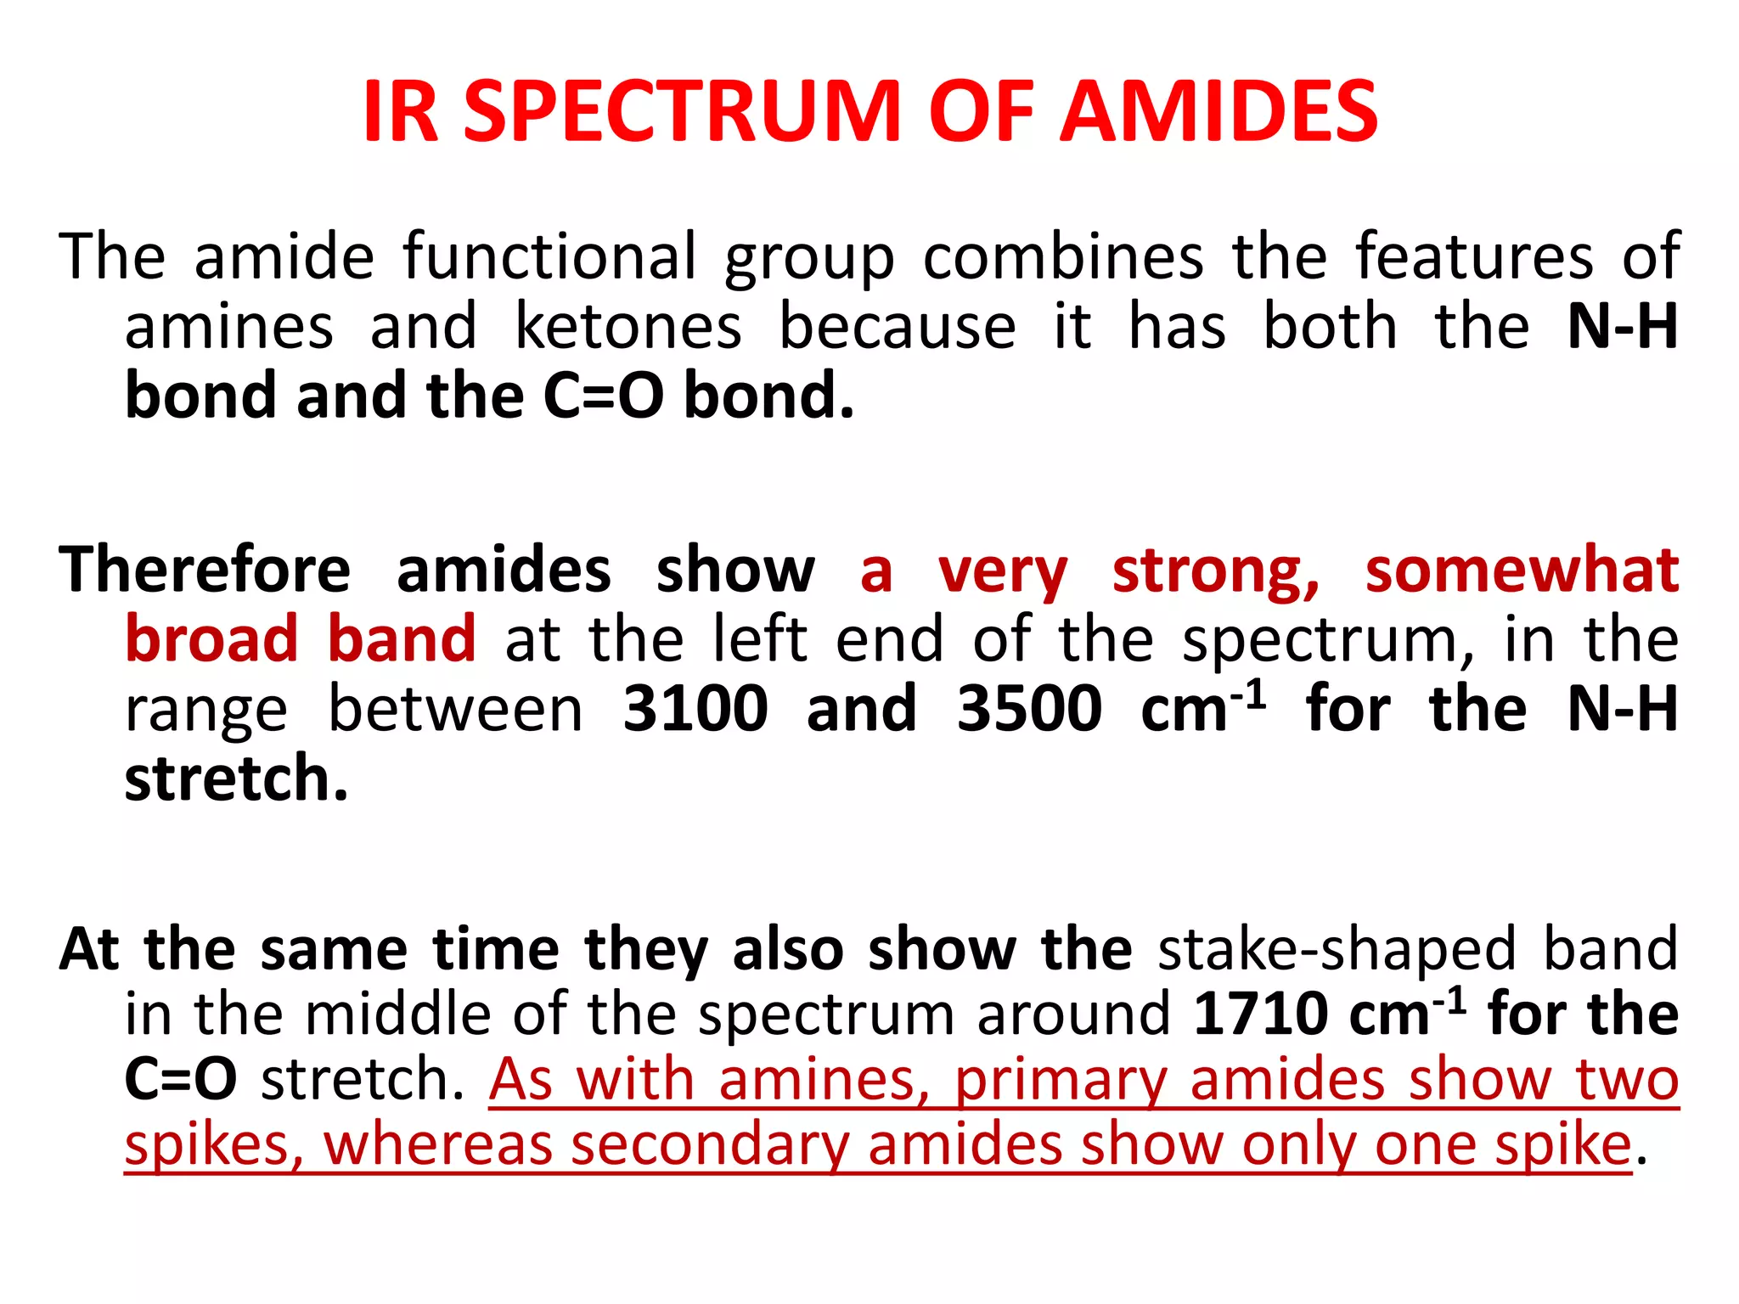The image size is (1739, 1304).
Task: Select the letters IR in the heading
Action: pos(400,111)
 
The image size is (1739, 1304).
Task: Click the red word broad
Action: pos(211,638)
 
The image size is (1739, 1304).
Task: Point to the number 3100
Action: pos(695,708)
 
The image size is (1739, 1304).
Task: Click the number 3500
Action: pos(1029,708)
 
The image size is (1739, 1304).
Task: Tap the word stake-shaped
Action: pos(1337,948)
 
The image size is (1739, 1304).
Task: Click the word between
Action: pos(455,708)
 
